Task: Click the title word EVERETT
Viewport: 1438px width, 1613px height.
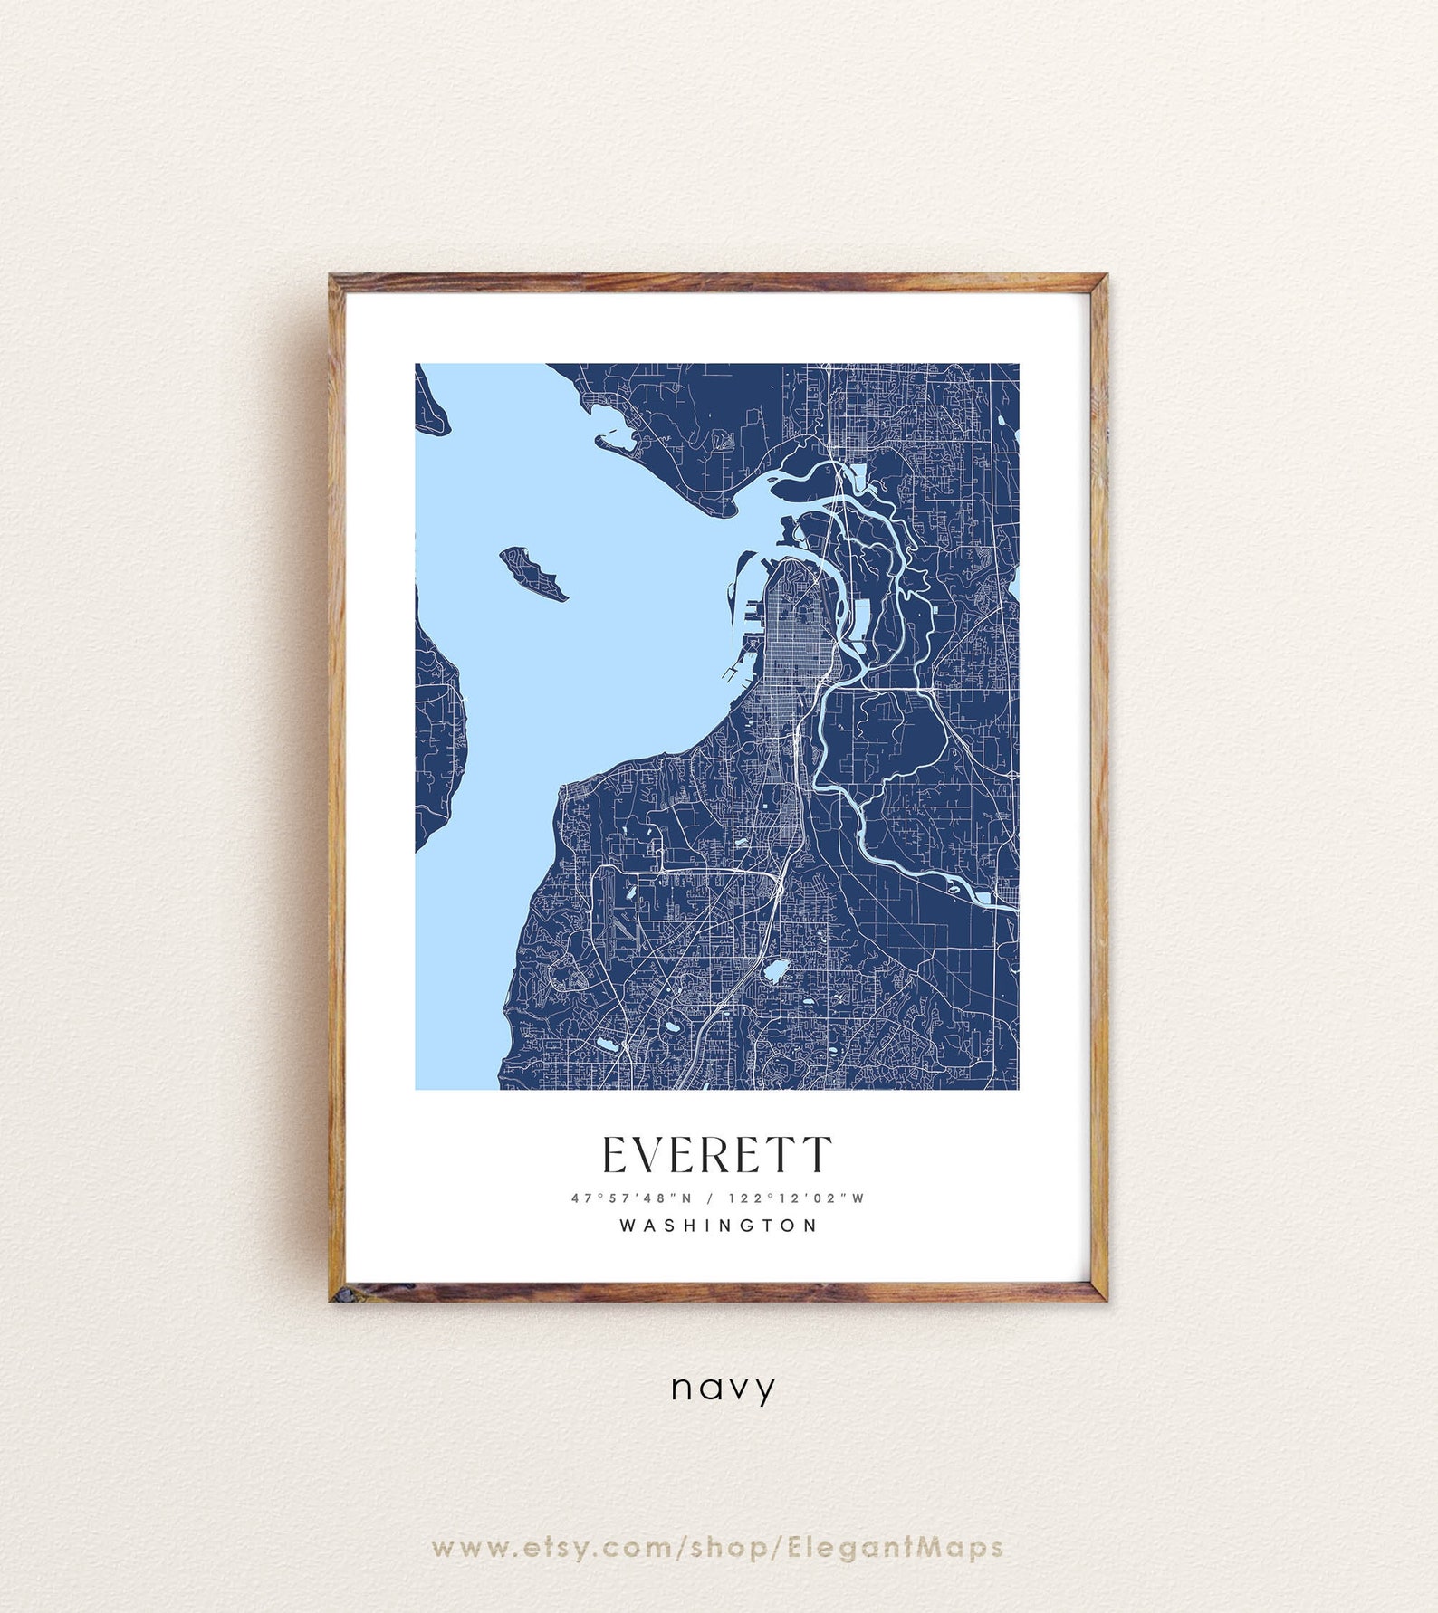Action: (x=716, y=1155)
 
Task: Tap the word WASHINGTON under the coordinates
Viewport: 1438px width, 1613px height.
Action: (x=719, y=1226)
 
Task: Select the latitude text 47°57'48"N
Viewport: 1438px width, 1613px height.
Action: (x=631, y=1198)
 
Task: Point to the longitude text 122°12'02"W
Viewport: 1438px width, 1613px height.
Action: (x=796, y=1198)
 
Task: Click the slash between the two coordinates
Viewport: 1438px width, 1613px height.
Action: (x=709, y=1198)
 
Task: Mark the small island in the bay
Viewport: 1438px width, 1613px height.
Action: (x=533, y=572)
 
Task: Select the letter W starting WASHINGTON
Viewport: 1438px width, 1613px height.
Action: (x=628, y=1226)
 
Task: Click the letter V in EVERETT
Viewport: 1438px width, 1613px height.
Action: (x=648, y=1155)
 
